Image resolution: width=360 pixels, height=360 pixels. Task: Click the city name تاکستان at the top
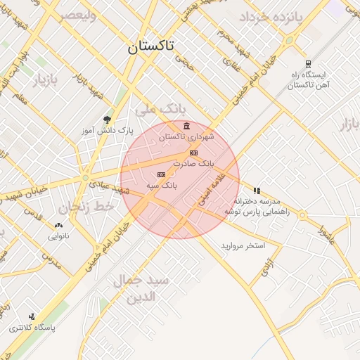pos(151,48)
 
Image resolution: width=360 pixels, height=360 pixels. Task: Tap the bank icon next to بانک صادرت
pos(193,153)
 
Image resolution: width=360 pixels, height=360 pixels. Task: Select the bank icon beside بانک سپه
pos(162,174)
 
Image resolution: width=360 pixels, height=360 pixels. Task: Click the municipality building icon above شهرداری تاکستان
pos(186,127)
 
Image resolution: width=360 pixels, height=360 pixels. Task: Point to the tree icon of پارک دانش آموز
pos(107,120)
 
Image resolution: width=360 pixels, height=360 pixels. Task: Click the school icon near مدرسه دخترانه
pos(257,190)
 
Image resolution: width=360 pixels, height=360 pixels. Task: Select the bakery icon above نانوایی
pos(58,226)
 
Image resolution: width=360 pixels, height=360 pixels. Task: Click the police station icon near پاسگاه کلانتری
pos(32,317)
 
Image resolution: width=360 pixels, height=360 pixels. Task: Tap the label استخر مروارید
pos(243,245)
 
